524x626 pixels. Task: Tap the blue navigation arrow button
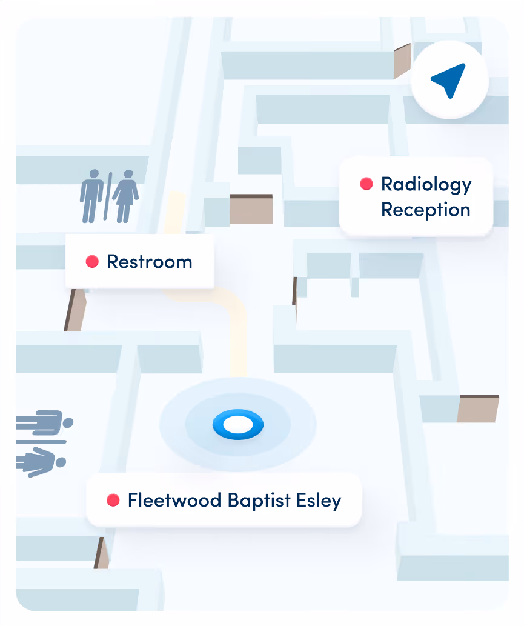point(449,80)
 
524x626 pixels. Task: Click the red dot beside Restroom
point(92,262)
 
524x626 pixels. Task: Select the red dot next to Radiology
point(366,184)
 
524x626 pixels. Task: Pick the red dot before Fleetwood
point(113,500)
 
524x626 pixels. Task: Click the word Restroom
point(150,262)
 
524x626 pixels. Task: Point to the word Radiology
point(426,185)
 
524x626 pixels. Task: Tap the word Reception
point(426,210)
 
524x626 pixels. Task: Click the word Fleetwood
point(174,500)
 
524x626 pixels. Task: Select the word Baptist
point(259,501)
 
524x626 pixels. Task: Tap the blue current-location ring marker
point(238,424)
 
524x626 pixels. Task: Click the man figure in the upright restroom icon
point(91,196)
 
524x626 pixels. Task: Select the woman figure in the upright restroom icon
point(125,196)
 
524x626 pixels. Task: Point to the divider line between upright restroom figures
point(107,196)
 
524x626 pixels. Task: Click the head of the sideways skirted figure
point(61,462)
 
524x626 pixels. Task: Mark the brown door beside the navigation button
point(402,61)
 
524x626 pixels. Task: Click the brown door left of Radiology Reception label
point(251,209)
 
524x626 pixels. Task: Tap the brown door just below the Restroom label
point(76,310)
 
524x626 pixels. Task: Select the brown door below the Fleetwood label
point(102,553)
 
